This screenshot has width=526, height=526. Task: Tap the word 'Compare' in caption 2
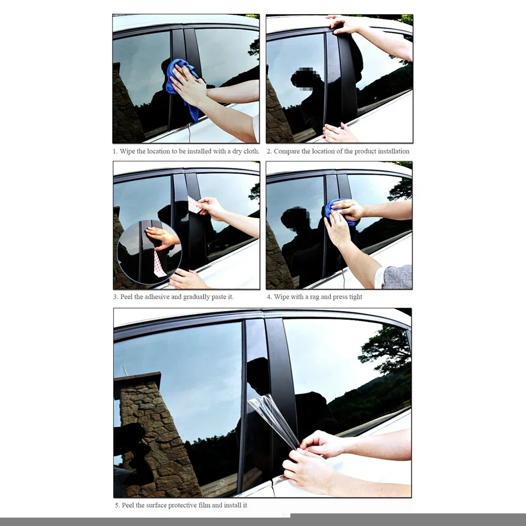(x=287, y=151)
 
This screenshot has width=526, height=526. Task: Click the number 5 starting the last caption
(x=117, y=505)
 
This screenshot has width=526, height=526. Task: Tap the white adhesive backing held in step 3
(x=194, y=205)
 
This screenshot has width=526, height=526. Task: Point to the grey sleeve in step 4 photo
(x=397, y=277)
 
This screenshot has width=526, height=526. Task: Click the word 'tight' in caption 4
(x=355, y=297)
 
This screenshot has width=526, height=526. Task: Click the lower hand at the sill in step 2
(x=339, y=134)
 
